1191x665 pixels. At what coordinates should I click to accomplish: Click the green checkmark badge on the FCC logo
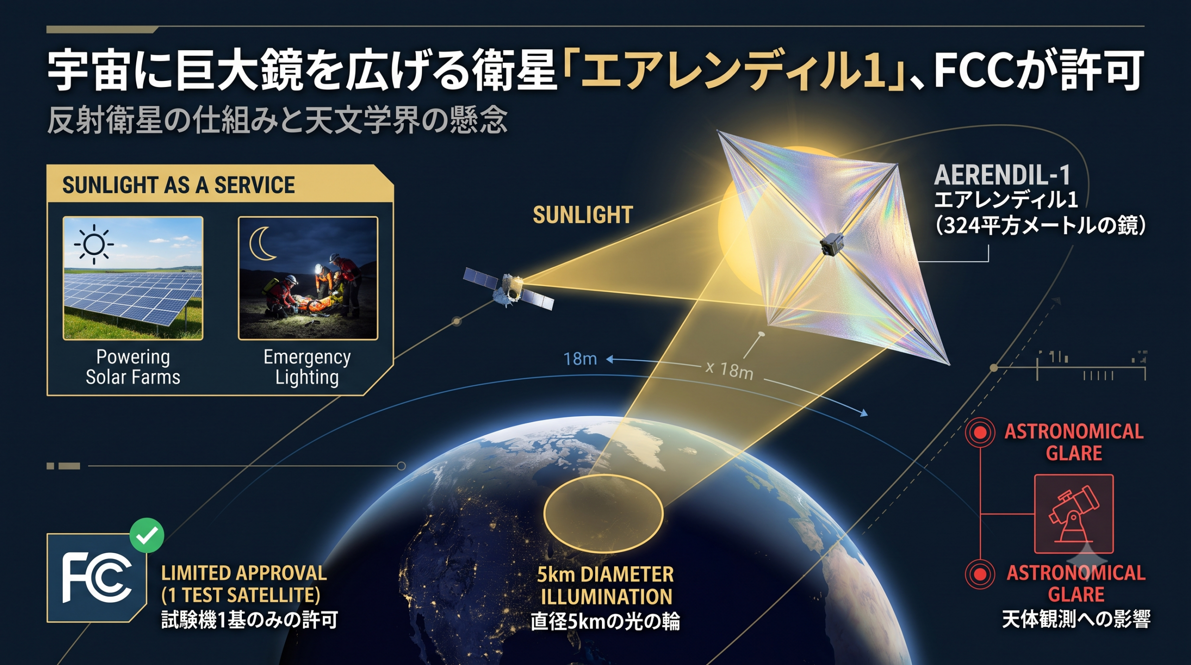pos(147,535)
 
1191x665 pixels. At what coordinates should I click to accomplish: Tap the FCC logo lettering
pos(97,578)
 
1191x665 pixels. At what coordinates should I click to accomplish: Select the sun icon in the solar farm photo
pos(94,244)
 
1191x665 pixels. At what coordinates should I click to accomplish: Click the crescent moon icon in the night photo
pos(263,243)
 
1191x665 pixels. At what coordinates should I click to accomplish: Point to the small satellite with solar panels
pos(509,289)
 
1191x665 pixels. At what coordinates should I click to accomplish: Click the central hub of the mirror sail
pos(832,244)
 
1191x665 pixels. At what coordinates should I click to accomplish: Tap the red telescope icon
pos(1074,514)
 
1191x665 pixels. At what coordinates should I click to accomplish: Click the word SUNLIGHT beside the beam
pos(583,215)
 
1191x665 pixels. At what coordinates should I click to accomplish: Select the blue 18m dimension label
pos(580,359)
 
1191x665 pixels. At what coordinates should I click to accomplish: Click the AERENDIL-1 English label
pos(1003,175)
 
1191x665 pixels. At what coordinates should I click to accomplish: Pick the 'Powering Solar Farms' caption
pos(133,367)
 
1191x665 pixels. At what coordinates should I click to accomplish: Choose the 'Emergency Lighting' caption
pos(307,367)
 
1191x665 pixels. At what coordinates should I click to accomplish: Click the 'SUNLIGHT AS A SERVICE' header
pos(179,185)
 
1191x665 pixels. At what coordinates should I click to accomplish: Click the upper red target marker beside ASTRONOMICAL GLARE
pos(980,432)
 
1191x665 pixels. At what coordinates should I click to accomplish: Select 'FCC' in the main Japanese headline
pos(971,71)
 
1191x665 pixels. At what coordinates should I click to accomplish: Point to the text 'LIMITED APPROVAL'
pos(244,573)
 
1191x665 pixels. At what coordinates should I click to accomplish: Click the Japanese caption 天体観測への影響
pos(1076,619)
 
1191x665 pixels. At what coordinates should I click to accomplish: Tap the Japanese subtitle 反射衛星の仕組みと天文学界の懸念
pos(277,120)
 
